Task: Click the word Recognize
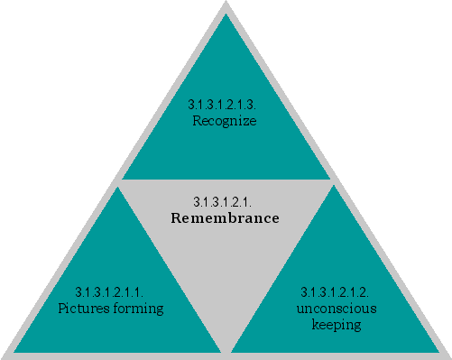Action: [x=225, y=120]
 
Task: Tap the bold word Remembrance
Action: [x=225, y=218]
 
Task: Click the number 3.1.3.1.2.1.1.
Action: [x=110, y=292]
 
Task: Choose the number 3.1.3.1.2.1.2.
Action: [x=336, y=292]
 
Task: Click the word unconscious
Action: [x=336, y=309]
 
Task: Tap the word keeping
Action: [x=336, y=324]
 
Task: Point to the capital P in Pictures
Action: [x=61, y=309]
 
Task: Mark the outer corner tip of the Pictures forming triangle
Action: [x=14, y=352]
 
